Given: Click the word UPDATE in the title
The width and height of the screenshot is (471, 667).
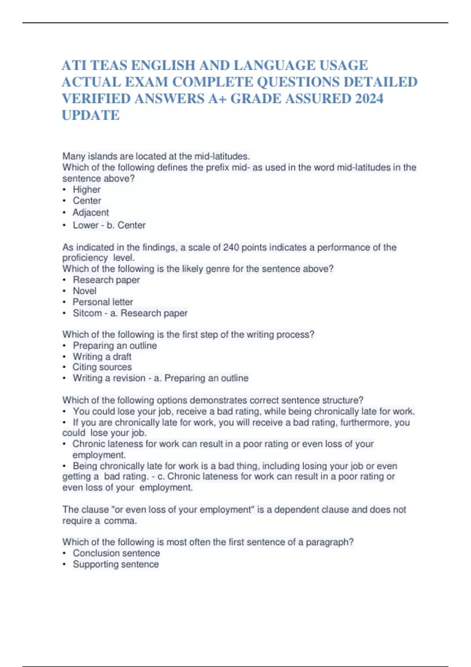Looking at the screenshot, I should (x=91, y=115).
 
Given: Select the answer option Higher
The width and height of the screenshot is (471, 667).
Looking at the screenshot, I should (x=86, y=190).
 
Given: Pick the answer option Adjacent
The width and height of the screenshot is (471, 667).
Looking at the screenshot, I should (x=91, y=212).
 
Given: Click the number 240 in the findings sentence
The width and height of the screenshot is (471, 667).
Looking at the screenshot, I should (x=231, y=247).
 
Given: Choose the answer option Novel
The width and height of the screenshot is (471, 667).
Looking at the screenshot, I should (x=84, y=291).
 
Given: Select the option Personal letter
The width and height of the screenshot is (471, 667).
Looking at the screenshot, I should (x=103, y=302).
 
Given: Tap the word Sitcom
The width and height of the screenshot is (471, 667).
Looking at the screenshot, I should (x=87, y=313).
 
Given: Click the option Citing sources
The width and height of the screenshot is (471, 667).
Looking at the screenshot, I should (x=102, y=367).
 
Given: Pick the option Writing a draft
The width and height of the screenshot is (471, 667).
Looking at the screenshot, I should (x=102, y=356).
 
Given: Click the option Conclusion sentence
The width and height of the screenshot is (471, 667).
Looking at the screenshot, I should (x=116, y=553).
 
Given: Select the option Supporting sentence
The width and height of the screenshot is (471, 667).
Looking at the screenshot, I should (x=116, y=564).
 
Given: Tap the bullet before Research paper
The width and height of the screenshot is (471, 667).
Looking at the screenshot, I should (x=64, y=280).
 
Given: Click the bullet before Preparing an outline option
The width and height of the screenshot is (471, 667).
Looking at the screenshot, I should (x=64, y=346).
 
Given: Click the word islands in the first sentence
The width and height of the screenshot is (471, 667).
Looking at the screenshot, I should (x=101, y=156).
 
